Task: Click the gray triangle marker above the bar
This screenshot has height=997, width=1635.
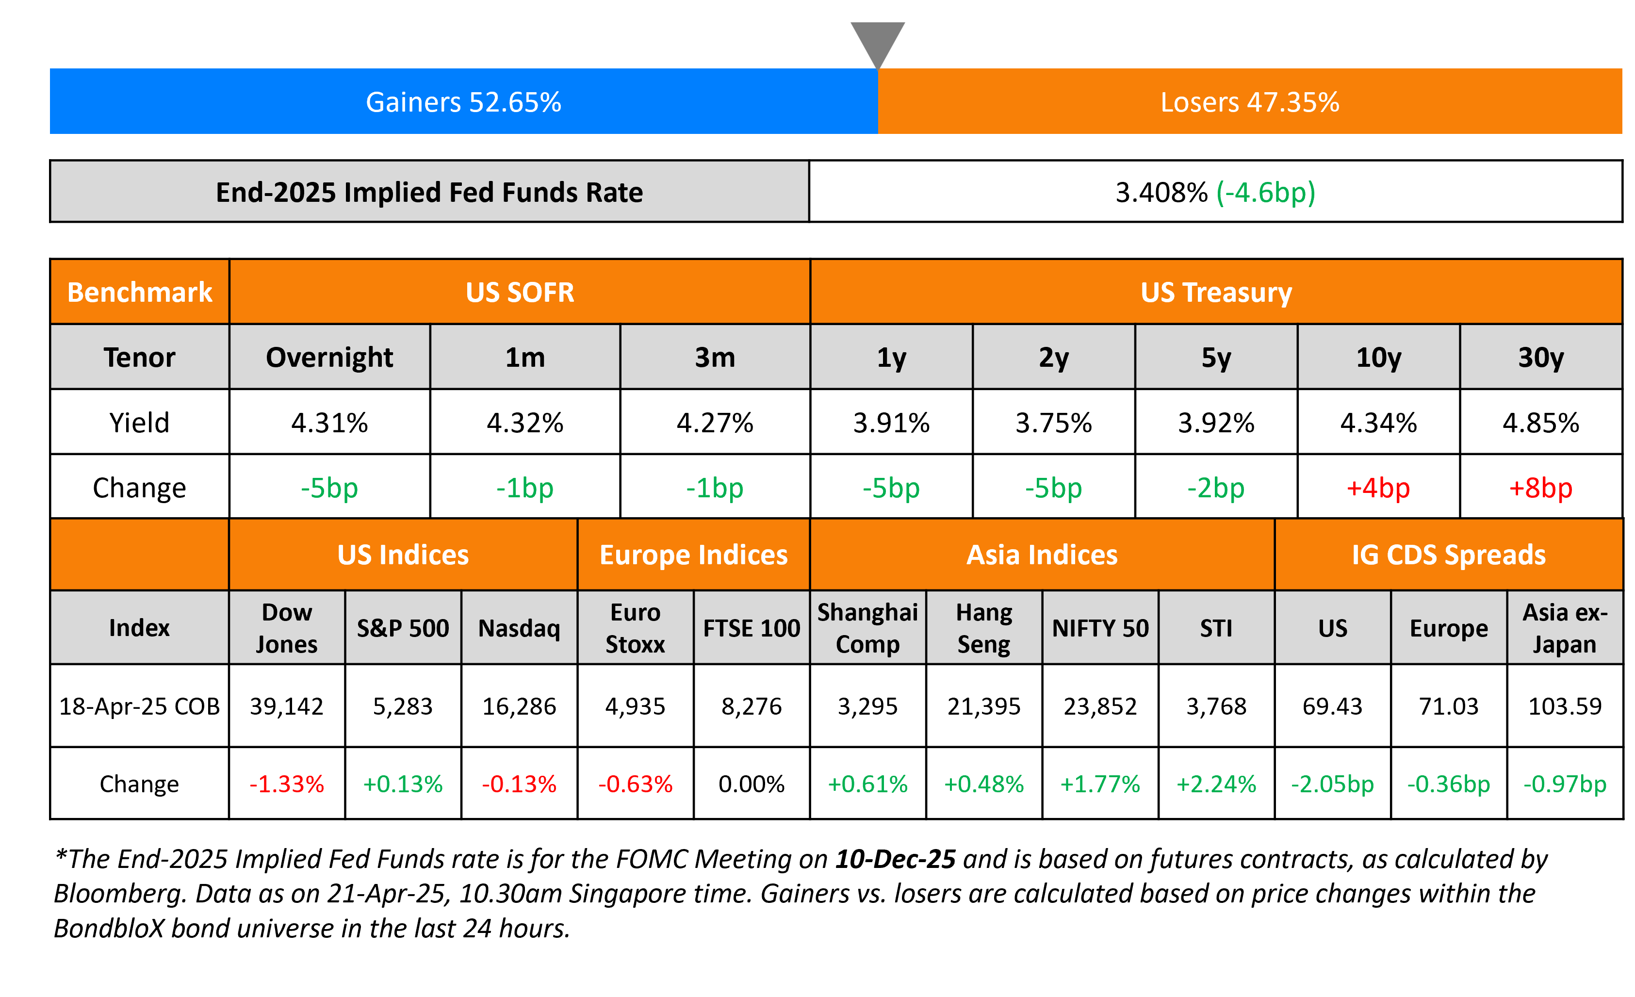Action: [877, 41]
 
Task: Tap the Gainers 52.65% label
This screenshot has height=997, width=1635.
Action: [463, 102]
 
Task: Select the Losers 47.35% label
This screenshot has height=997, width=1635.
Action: [1249, 102]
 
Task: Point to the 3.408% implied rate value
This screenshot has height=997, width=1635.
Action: [1161, 193]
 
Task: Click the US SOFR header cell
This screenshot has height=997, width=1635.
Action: [520, 292]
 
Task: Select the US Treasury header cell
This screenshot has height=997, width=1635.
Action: [1216, 292]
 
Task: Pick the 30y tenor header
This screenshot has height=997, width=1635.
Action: [1541, 358]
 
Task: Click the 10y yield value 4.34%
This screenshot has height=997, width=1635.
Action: [1378, 423]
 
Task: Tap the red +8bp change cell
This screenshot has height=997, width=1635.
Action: [1541, 488]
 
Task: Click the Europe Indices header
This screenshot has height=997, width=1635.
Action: [693, 555]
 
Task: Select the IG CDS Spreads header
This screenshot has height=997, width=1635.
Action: [1449, 555]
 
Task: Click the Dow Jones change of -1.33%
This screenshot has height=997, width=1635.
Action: [287, 784]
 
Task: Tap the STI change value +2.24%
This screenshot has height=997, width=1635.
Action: [1216, 784]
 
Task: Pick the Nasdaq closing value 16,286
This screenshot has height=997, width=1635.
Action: [519, 706]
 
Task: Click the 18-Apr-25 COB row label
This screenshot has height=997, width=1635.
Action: [139, 706]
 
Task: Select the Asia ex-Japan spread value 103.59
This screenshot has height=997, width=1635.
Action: [1565, 706]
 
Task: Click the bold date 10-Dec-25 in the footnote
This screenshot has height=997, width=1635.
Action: [895, 859]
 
